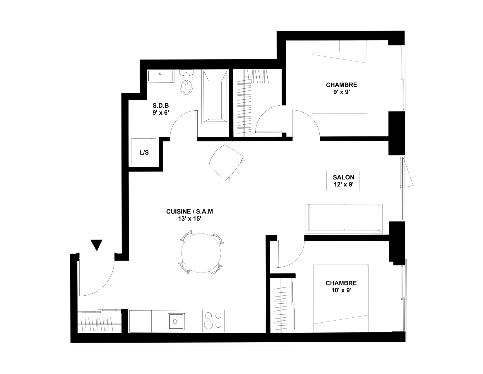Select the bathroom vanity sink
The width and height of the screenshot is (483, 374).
[160, 76]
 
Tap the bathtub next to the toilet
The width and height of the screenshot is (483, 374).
[215, 97]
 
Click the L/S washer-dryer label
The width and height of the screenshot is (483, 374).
[144, 153]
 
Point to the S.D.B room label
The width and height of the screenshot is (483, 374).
[161, 105]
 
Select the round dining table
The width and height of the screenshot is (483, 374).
[201, 253]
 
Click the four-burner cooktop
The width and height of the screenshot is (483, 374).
[213, 321]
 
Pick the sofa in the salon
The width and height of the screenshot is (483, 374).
[344, 219]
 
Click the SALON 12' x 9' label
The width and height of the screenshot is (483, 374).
[343, 181]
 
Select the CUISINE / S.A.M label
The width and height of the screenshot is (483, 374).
[189, 211]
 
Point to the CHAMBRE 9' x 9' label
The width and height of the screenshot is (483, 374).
[342, 88]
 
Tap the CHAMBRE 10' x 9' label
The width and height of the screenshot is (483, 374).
[341, 287]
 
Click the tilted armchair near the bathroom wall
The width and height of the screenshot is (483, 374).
[226, 163]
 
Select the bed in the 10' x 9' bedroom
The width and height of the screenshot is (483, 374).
[341, 299]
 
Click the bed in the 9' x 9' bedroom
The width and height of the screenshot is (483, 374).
[339, 77]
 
